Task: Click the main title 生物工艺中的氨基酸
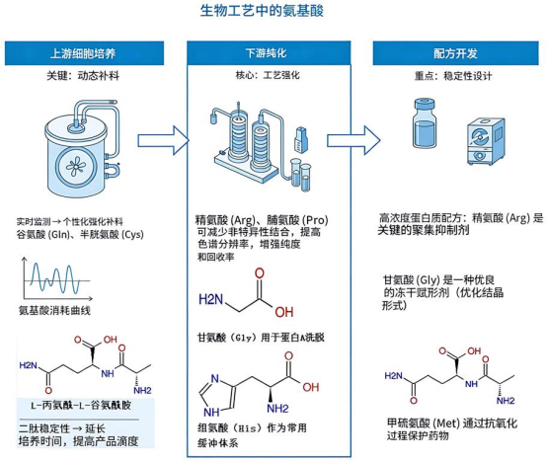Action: [x=273, y=12]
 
